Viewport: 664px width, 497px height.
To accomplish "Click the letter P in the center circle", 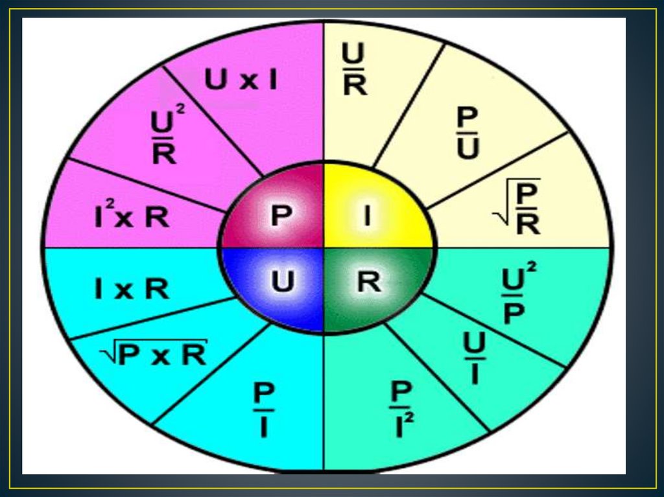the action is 279,215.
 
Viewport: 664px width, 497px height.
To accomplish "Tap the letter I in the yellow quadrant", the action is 367,215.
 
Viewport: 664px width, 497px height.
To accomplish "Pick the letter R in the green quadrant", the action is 368,282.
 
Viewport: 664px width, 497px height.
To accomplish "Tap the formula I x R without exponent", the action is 132,289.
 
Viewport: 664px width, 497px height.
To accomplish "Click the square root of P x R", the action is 154,354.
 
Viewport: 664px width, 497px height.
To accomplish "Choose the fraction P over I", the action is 264,410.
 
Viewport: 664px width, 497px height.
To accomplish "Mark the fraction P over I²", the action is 403,410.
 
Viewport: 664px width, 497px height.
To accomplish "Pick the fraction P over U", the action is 468,133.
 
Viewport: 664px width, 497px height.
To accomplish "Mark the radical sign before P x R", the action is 108,354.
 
